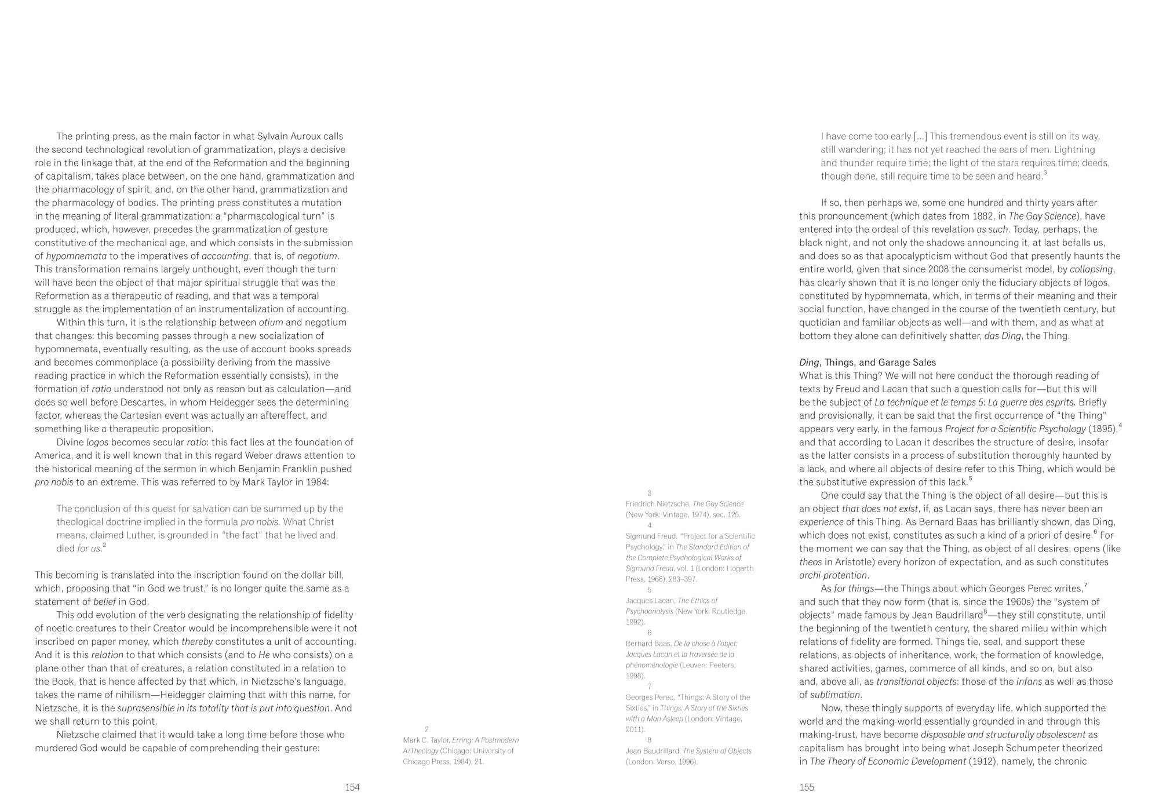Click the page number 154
[352, 787]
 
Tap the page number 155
[807, 787]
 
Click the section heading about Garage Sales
[868, 363]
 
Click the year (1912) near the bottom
[984, 761]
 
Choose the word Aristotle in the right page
[847, 562]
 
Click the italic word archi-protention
[833, 575]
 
